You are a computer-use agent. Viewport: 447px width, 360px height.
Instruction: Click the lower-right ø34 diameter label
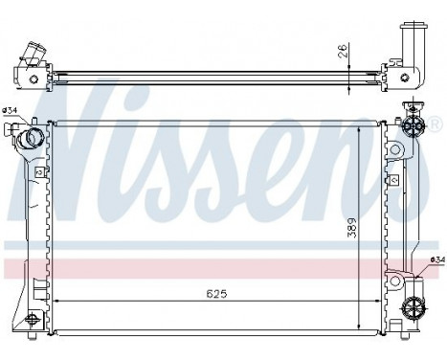pos(436,259)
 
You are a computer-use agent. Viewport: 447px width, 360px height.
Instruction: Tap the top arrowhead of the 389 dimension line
pos(361,126)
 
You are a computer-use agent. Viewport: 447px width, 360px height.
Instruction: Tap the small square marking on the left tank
pos(37,171)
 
